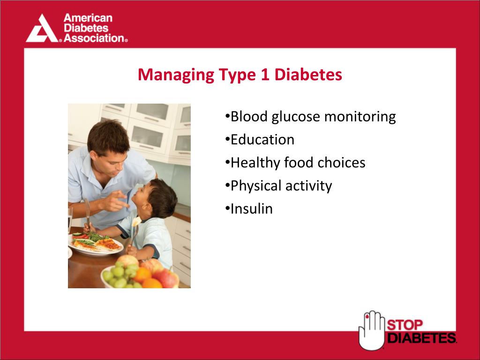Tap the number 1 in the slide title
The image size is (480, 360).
[264, 75]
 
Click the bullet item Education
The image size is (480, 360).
[262, 140]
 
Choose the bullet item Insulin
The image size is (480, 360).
[251, 209]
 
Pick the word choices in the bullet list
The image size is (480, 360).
[341, 163]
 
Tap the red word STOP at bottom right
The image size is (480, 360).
[405, 324]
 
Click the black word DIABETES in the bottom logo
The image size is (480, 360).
[421, 337]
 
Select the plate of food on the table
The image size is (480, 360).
[96, 244]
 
